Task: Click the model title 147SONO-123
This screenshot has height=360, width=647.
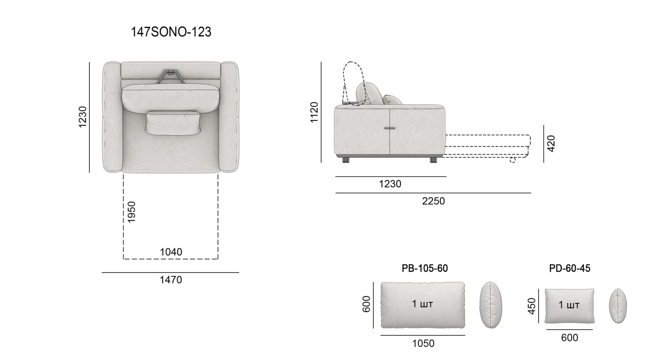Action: pyautogui.click(x=171, y=32)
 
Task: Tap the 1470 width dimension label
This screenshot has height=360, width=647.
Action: pyautogui.click(x=171, y=280)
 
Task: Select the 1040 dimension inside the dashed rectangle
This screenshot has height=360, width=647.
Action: pyautogui.click(x=171, y=252)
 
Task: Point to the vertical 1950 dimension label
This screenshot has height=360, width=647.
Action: pyautogui.click(x=131, y=212)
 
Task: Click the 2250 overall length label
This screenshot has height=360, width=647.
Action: pyautogui.click(x=433, y=201)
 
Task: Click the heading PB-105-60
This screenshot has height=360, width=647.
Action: pyautogui.click(x=425, y=268)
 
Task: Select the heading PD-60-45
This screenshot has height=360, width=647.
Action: pyautogui.click(x=569, y=268)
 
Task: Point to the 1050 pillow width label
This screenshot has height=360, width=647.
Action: pyautogui.click(x=423, y=343)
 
